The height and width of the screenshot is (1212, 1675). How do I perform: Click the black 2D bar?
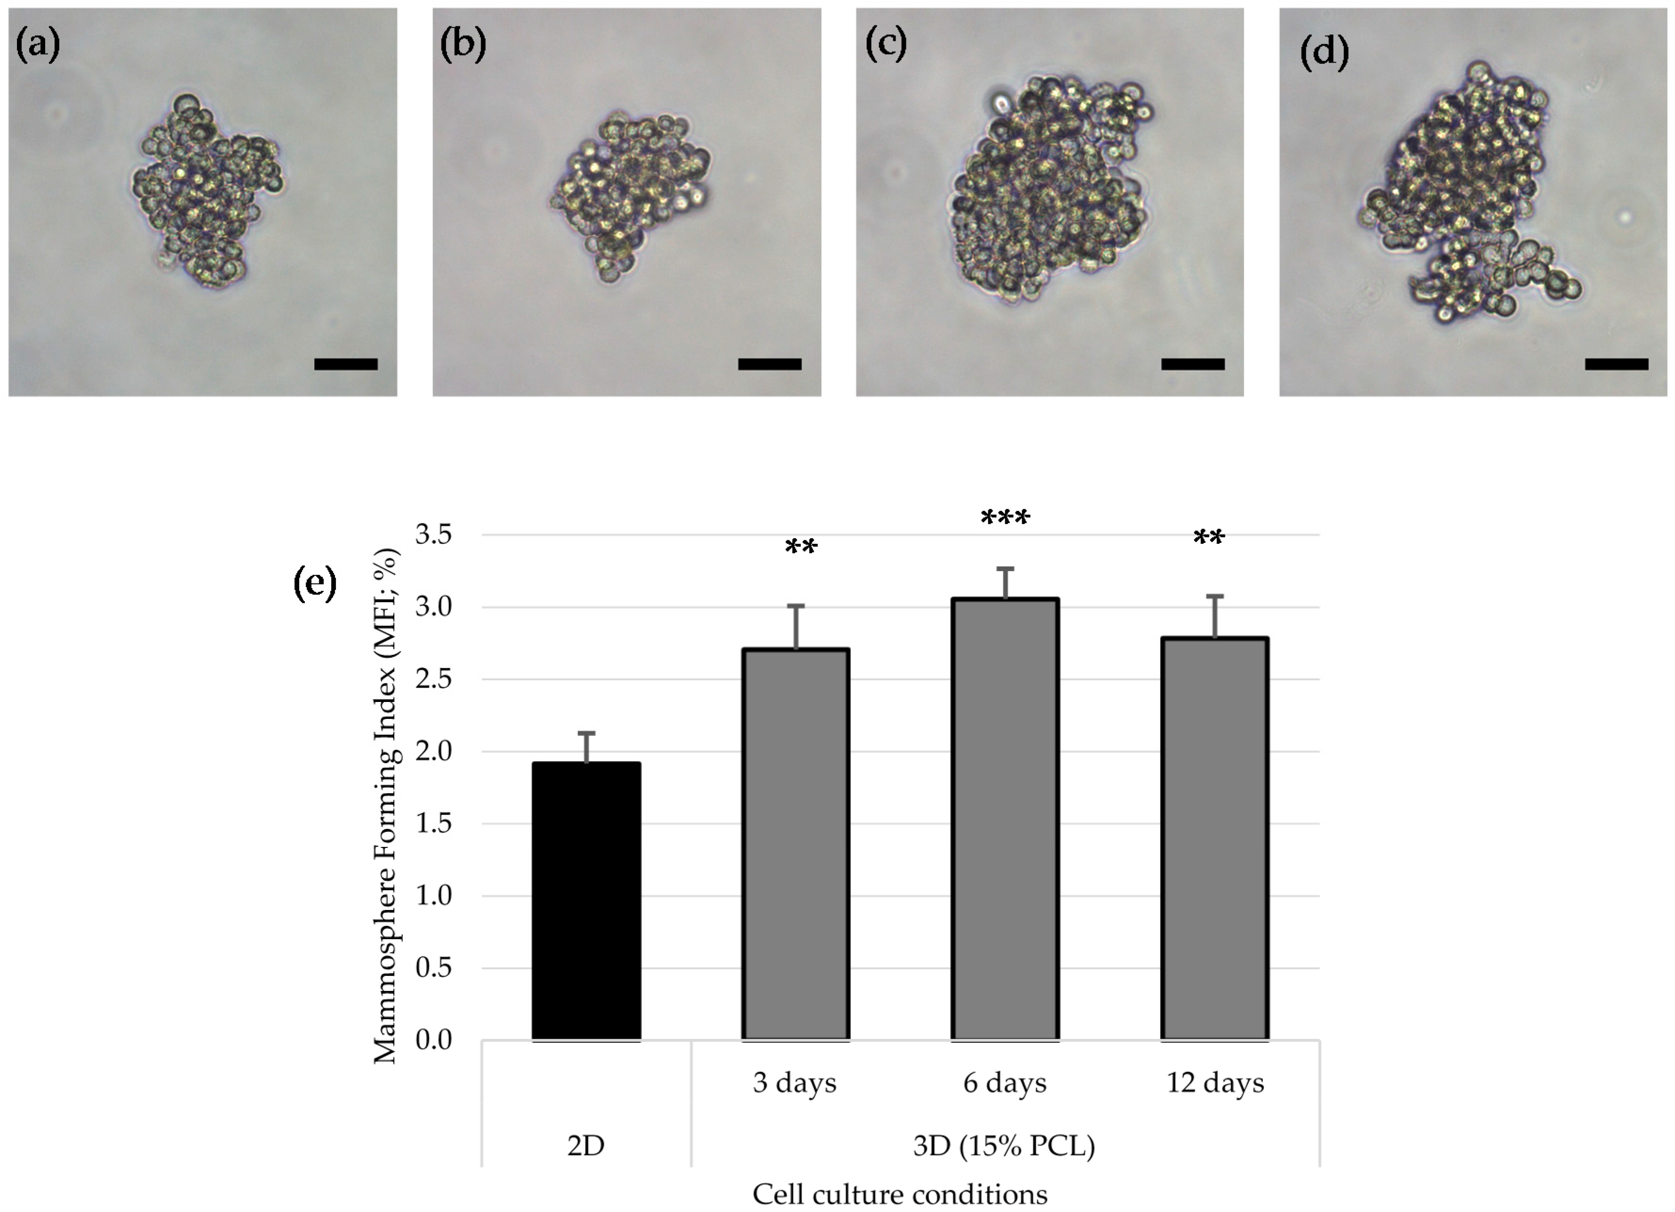(x=586, y=901)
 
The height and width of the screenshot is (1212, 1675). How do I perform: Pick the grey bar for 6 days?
(x=1004, y=819)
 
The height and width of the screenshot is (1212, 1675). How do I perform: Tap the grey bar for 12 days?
(x=1214, y=838)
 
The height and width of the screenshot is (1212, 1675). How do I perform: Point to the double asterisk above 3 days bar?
(x=801, y=549)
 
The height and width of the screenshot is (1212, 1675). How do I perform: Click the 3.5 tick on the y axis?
(x=434, y=534)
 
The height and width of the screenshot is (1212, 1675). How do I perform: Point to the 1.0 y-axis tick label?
(x=434, y=895)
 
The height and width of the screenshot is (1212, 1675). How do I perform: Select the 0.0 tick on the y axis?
(x=434, y=1040)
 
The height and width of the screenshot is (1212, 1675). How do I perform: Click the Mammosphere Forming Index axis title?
(x=386, y=805)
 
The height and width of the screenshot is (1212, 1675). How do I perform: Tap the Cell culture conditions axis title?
(x=899, y=1194)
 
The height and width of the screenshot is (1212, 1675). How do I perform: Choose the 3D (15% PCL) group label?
(x=1004, y=1146)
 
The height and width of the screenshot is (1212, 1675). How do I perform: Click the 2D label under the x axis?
(x=586, y=1146)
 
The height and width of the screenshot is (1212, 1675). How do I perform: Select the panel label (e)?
(x=315, y=583)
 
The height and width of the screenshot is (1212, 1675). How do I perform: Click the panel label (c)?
(x=886, y=44)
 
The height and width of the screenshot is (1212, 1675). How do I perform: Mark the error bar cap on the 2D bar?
(x=586, y=734)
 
